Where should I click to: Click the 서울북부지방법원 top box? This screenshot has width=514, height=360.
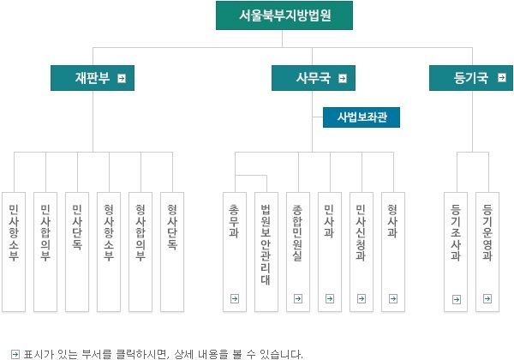click(x=284, y=15)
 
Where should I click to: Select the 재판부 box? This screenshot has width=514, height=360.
click(x=93, y=78)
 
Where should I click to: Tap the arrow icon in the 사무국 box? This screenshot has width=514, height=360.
click(x=343, y=78)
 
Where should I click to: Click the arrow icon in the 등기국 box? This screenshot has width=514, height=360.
click(x=501, y=78)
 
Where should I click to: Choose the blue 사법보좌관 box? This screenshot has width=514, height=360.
click(x=362, y=117)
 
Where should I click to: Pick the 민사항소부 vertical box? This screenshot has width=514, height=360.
click(x=14, y=252)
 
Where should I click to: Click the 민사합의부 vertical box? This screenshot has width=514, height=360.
click(x=45, y=252)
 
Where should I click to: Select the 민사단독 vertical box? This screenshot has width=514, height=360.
click(x=77, y=252)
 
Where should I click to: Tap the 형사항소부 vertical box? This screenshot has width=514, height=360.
click(x=109, y=252)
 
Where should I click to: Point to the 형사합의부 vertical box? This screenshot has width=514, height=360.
click(x=140, y=252)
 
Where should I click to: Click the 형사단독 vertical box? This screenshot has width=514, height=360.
click(x=172, y=252)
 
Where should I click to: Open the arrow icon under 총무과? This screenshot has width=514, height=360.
click(x=235, y=298)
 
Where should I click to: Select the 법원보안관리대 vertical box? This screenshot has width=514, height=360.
click(x=266, y=252)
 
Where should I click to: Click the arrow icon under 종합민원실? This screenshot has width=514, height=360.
click(x=298, y=298)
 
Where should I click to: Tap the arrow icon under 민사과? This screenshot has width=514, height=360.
click(x=330, y=298)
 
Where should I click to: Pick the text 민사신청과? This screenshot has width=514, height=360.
click(x=361, y=232)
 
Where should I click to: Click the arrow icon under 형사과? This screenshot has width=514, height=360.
click(x=393, y=298)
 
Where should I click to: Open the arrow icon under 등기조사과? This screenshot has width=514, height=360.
click(x=457, y=299)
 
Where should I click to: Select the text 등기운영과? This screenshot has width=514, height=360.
click(x=487, y=232)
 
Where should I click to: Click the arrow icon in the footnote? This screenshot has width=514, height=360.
click(x=15, y=354)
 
